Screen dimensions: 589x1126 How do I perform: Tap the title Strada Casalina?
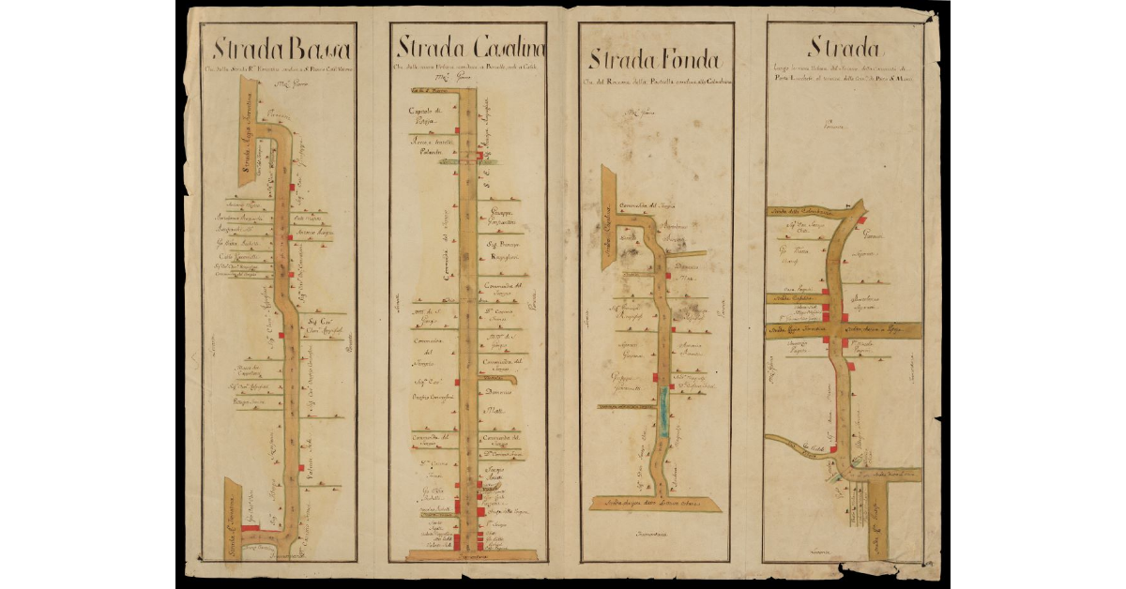[471, 48]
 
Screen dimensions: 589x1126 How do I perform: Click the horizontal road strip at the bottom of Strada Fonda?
[654, 505]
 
